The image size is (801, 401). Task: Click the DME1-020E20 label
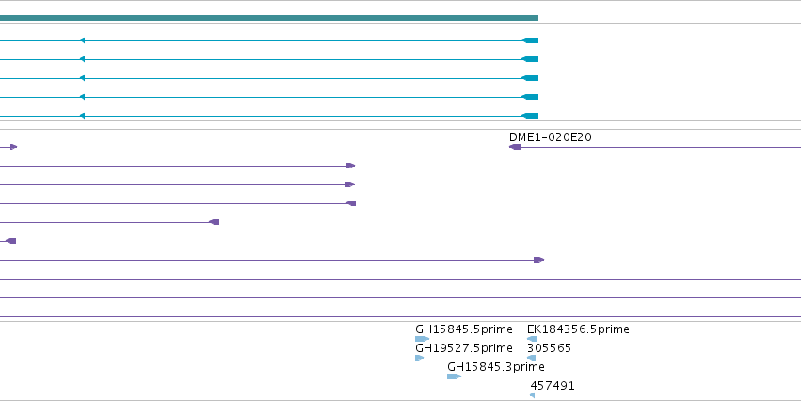551,137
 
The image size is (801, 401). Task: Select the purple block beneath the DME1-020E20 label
515,147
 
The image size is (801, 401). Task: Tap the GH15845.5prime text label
464,329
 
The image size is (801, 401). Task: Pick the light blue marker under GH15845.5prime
422,339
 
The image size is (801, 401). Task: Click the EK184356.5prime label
578,329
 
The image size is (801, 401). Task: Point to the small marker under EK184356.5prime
532,339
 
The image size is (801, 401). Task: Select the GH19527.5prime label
464,348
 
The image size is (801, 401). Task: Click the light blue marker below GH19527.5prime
420,358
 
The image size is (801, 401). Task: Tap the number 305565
549,348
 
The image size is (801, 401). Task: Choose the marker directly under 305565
531,358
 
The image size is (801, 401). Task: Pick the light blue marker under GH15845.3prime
454,377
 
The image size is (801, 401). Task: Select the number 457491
553,386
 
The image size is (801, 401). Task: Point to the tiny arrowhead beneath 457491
533,395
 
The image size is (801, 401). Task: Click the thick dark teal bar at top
269,18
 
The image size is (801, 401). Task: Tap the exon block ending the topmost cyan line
530,40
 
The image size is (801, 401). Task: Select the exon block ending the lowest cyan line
530,116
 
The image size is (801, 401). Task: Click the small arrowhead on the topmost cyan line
82,40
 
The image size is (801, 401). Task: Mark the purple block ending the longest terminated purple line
539,260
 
